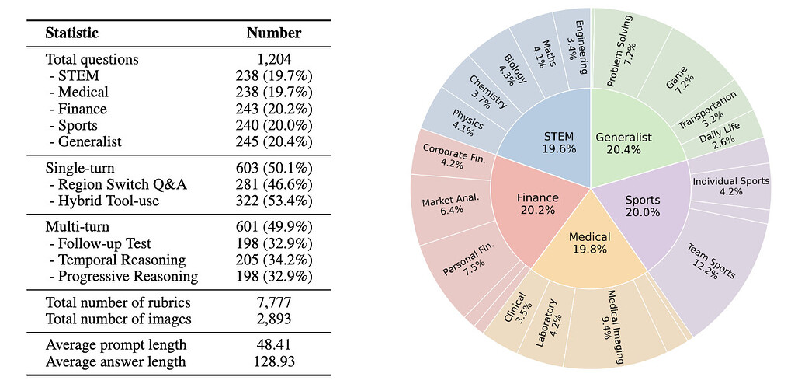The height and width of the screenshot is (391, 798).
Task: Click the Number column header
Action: coord(273,33)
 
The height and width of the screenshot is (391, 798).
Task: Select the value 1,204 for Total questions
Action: coord(273,59)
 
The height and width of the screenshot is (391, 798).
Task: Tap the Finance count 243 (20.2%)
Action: coord(273,109)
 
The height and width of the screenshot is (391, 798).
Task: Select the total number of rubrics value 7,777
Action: coord(273,302)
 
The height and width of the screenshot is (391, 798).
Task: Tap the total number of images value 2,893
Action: coord(273,319)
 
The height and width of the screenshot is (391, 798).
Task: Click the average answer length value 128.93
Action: coord(273,361)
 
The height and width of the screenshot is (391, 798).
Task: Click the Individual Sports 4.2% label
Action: coord(730,187)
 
